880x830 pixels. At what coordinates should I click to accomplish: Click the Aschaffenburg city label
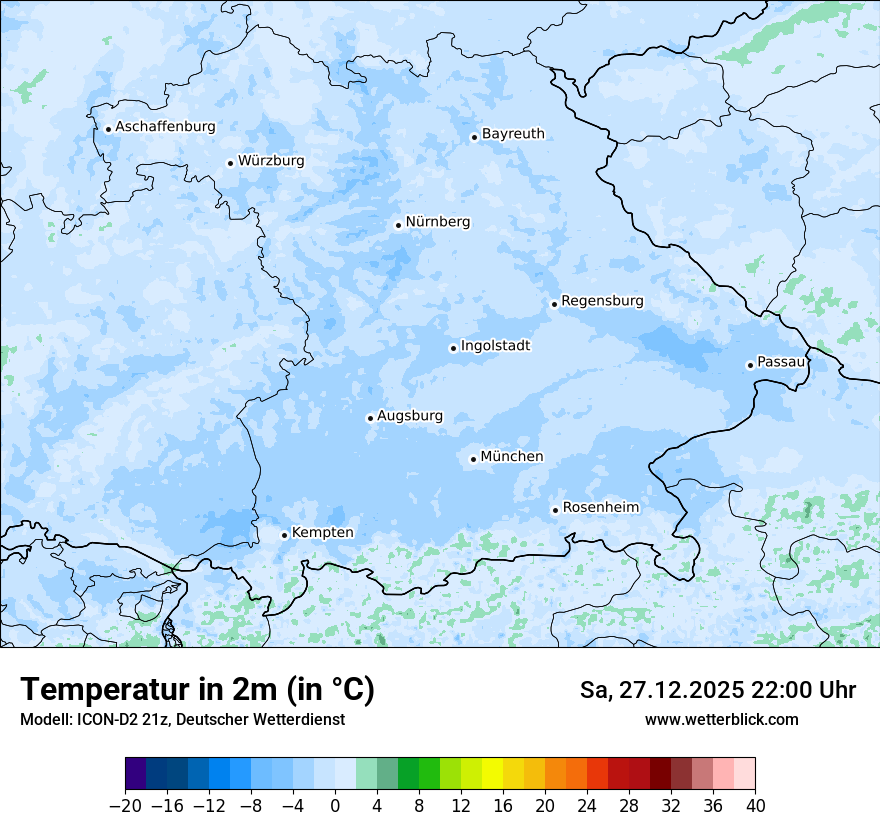coord(165,127)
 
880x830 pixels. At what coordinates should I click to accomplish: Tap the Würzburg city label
coord(271,161)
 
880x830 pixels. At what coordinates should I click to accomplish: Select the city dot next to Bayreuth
coord(474,138)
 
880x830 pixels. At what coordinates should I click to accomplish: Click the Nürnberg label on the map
coord(437,222)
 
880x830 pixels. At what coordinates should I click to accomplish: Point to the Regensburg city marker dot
coord(554,304)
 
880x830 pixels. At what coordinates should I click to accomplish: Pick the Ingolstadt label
coord(495,346)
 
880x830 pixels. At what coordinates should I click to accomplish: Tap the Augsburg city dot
coord(370,419)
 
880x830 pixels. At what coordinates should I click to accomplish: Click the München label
coord(512,457)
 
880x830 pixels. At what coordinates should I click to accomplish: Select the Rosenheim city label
coord(600,508)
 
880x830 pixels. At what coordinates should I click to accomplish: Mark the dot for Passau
coord(750,365)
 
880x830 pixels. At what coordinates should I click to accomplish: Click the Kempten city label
coord(322,533)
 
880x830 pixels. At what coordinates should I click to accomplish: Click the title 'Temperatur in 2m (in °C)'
coord(197,690)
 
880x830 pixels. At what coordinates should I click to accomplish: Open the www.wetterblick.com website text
coord(721,719)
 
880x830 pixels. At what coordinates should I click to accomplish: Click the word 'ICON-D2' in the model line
coord(103,719)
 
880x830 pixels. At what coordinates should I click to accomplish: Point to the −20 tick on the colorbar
coord(126,805)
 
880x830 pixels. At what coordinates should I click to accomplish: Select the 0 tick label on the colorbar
coord(335,805)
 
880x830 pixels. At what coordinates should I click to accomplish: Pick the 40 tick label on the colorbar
coord(755,805)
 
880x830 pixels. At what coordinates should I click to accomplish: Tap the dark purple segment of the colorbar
coord(136,774)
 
